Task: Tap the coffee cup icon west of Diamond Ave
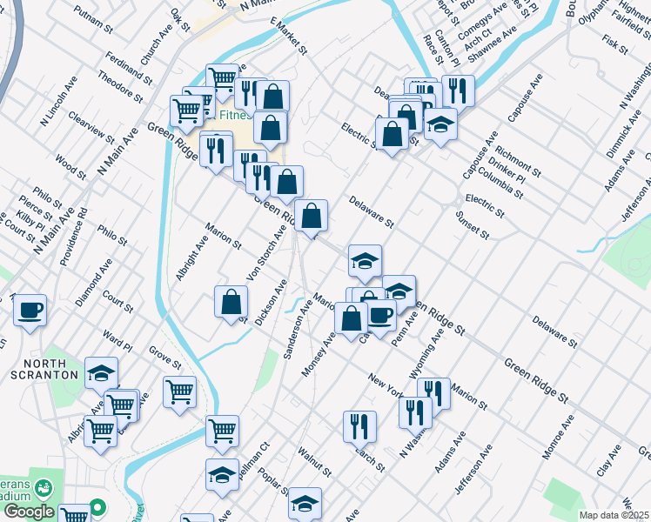30,310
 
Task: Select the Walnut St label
315,463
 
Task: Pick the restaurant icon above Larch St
359,425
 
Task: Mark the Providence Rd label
74,237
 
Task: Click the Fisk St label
614,42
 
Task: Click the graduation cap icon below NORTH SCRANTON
101,372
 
